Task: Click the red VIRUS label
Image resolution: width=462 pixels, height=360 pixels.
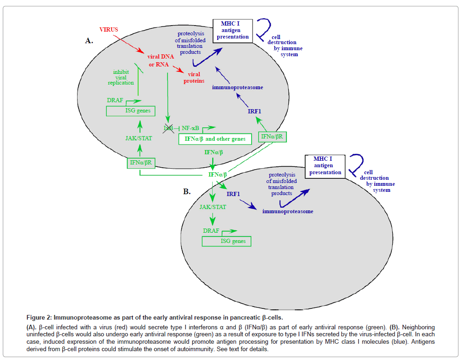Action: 109,29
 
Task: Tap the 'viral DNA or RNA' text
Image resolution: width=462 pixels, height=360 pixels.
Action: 158,60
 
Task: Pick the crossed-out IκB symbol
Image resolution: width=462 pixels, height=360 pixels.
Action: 168,127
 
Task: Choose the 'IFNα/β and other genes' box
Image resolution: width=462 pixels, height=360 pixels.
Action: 215,138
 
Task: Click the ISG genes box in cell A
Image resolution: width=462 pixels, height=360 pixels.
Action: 130,111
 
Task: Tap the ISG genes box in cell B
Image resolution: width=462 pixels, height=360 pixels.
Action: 227,241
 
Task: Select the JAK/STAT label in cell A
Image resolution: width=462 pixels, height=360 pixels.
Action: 139,137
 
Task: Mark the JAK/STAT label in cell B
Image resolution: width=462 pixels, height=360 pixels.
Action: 213,207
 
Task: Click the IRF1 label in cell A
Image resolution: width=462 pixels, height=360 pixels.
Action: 254,111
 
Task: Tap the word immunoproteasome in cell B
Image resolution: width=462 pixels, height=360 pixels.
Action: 287,211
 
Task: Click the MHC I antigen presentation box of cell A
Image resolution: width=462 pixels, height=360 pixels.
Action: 233,31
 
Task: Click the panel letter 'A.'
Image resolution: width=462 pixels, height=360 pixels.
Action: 89,41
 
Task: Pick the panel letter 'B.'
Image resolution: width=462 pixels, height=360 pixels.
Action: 187,191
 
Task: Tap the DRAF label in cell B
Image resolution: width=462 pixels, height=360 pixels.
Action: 211,230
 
